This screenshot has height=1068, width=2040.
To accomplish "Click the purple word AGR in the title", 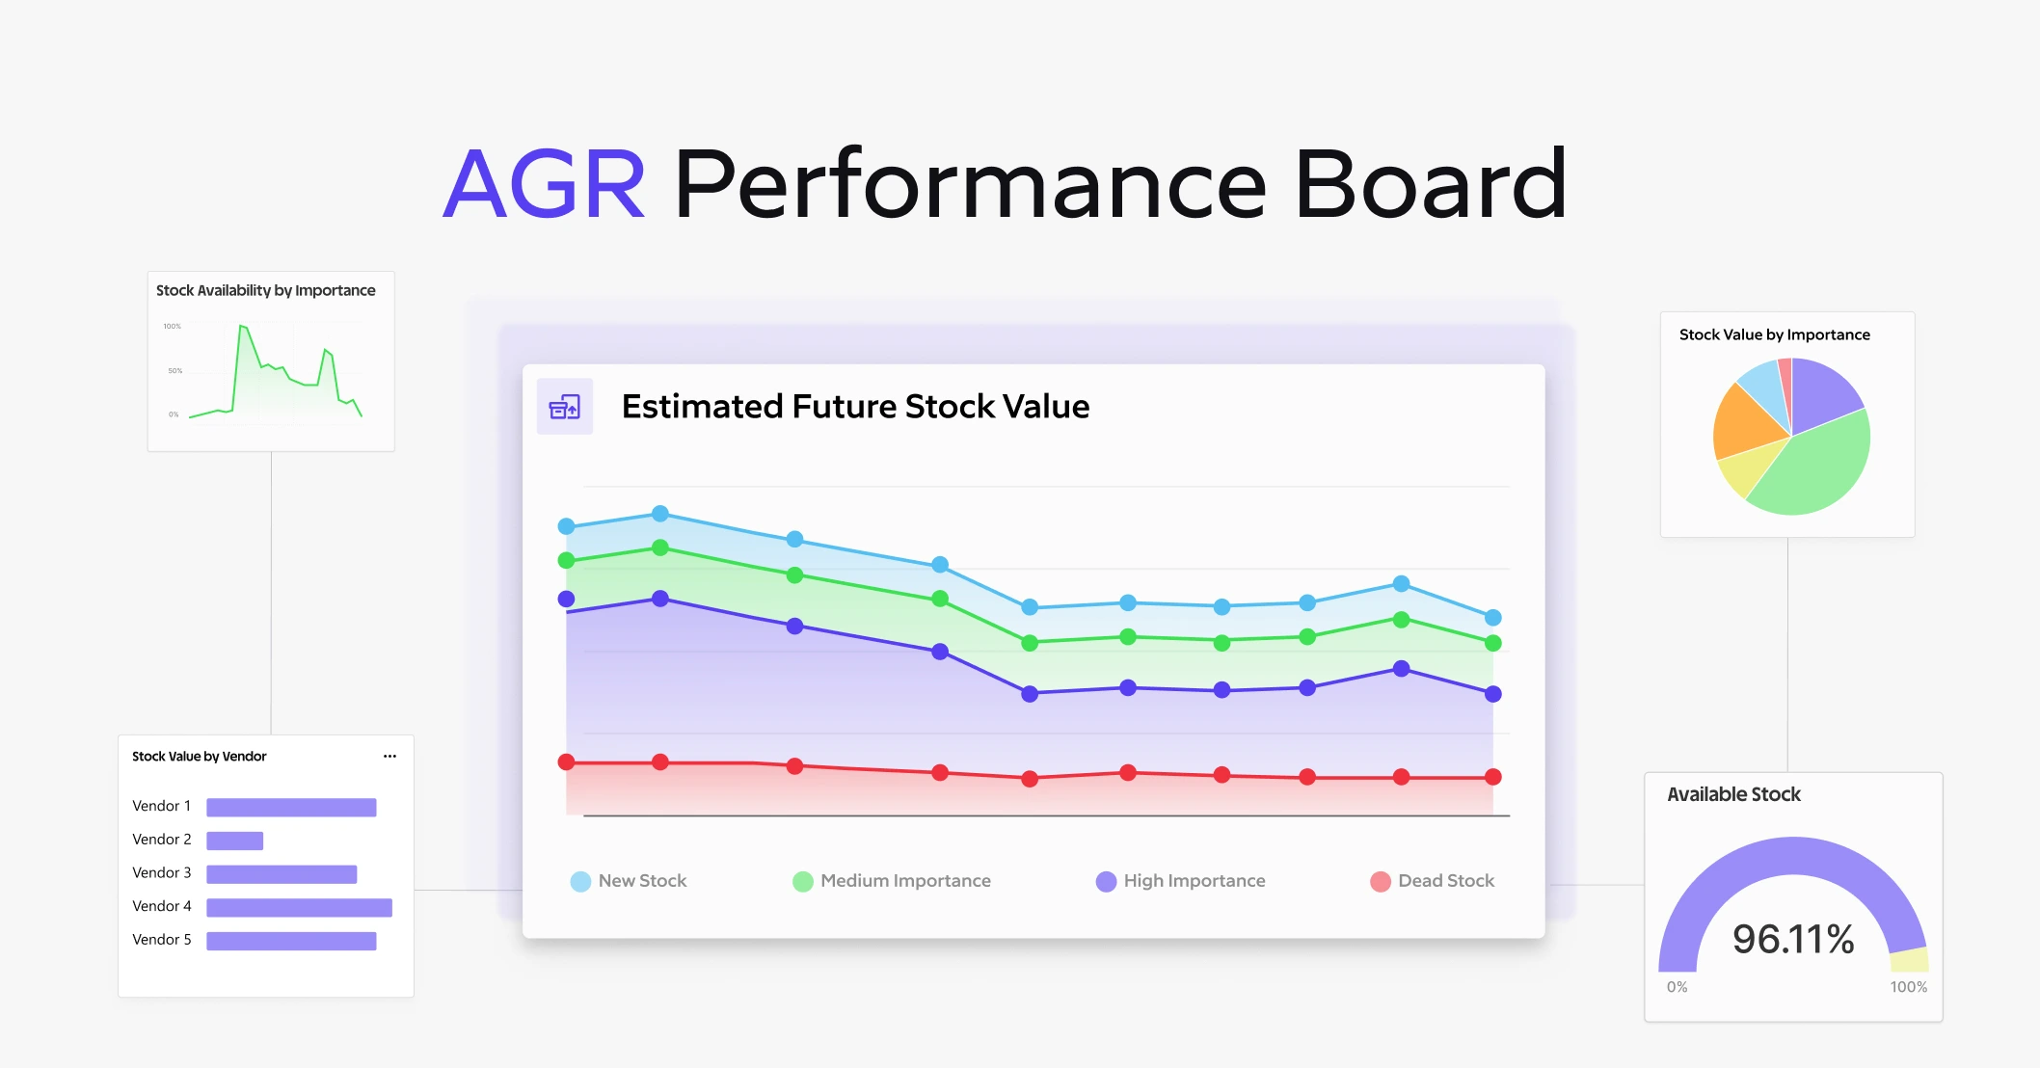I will (x=544, y=184).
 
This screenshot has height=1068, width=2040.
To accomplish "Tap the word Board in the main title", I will (x=1430, y=184).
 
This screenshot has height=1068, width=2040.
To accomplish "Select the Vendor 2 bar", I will (x=234, y=841).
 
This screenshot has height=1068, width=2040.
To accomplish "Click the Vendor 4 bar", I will (x=299, y=907).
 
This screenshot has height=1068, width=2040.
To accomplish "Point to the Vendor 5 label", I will (x=162, y=940).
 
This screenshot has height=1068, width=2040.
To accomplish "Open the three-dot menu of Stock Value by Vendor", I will (x=389, y=757).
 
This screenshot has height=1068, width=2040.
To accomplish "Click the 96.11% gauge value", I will (x=1792, y=939).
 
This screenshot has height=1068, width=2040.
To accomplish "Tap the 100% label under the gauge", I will (x=1908, y=987).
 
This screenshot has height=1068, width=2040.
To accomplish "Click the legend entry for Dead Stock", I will (x=1432, y=881).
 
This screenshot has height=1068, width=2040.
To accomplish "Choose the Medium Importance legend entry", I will (x=892, y=881).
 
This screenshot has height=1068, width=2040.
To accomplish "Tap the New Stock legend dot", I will (x=580, y=881).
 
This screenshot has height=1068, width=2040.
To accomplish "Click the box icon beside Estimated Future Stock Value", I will (x=565, y=408).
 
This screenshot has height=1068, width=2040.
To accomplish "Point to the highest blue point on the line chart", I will (x=660, y=514).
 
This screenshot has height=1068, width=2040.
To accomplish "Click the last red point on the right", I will (x=1492, y=777).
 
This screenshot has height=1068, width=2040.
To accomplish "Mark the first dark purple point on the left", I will (x=567, y=599).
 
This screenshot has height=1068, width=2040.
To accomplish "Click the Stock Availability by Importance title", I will (x=265, y=290).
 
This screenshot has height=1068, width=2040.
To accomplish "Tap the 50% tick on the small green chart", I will (x=174, y=370).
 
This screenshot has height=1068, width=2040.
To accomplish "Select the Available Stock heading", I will (x=1733, y=794).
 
